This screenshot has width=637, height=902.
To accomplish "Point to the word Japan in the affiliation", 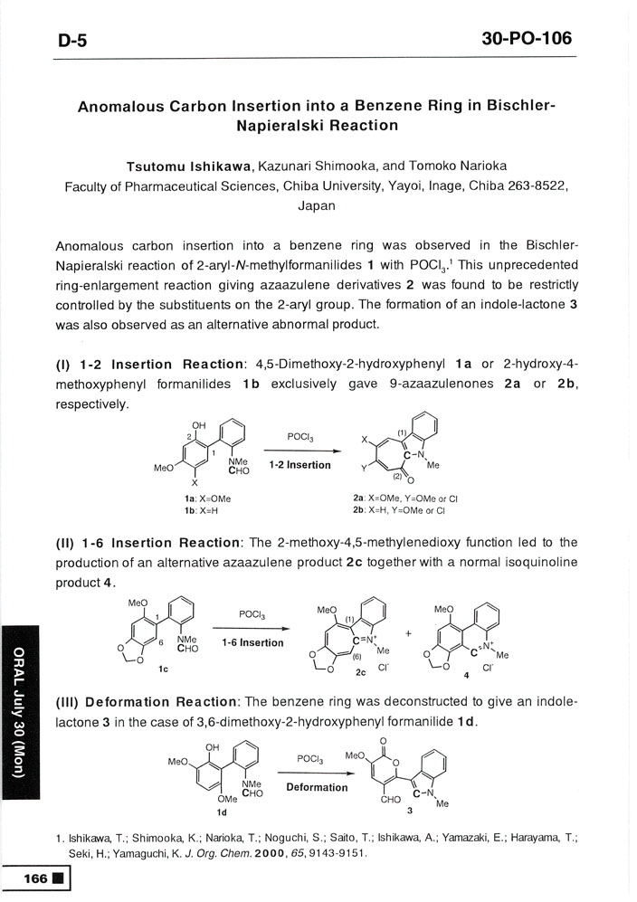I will pyautogui.click(x=317, y=205).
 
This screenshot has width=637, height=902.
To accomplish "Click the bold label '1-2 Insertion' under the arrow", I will pyautogui.click(x=299, y=464).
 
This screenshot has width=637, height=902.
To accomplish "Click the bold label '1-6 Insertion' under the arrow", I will pyautogui.click(x=252, y=642).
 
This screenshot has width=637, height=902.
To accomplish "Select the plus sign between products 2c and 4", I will pyautogui.click(x=408, y=633).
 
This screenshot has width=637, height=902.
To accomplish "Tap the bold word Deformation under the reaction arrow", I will pyautogui.click(x=317, y=787).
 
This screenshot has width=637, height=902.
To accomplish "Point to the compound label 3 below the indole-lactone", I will pyautogui.click(x=409, y=811).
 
